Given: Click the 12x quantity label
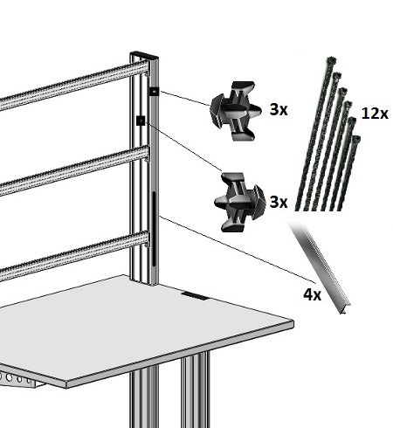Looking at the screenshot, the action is point(375,114).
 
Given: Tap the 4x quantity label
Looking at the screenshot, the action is point(312,294).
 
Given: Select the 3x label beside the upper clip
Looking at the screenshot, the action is point(279,110).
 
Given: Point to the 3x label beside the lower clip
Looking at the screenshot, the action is point(279,202).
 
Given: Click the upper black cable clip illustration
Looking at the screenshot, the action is point(235,111).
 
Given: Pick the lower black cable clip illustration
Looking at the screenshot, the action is point(240,203).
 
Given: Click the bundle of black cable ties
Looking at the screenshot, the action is point(328,134).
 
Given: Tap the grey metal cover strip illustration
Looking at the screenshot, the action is point(321,266).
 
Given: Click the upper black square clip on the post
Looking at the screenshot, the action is point(155,92).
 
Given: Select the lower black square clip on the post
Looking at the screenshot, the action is point(141,121).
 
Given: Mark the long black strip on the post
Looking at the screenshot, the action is point(154,229).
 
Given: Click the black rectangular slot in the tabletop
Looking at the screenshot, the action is point(195,295).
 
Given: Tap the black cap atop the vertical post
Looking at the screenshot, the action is point(144,55).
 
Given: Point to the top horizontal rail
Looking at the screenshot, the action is point(74,85).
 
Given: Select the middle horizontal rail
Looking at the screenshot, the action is point(74,170).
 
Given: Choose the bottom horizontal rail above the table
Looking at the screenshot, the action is point(74,256).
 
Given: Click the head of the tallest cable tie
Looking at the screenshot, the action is point(332,61).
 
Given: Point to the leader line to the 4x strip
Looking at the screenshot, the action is point(238,249).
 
